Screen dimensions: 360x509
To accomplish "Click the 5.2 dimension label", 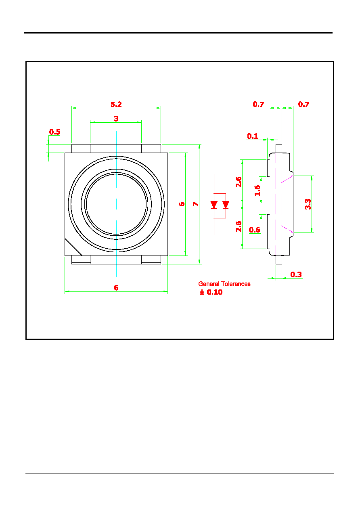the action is [x=116, y=104].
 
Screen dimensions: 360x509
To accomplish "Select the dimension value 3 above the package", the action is [x=116, y=119].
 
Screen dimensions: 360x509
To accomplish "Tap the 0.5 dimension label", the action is [x=55, y=132].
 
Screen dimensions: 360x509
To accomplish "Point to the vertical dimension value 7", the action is [x=196, y=204].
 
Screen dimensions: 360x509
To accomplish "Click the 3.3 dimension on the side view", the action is [x=308, y=204].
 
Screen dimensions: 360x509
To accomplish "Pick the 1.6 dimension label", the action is [x=257, y=191].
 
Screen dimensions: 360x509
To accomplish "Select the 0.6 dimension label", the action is [x=254, y=230].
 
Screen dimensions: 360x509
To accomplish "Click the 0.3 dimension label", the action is [x=296, y=274].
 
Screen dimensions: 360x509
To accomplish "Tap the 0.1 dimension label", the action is [x=253, y=136].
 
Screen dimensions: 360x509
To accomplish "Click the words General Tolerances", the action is [x=224, y=284].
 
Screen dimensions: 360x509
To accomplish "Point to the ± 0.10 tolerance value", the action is [x=211, y=292].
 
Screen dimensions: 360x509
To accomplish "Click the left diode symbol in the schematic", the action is [x=214, y=205].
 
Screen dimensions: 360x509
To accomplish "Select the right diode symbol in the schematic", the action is [x=226, y=205].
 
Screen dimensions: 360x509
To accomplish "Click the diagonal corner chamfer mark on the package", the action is [x=73, y=247].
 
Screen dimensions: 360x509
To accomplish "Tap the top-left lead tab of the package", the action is [x=81, y=149].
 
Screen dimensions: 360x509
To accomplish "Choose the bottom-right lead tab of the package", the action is [x=151, y=260].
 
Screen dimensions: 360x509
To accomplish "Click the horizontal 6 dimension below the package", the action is [x=116, y=288].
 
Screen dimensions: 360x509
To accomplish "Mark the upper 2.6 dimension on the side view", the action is [x=238, y=182].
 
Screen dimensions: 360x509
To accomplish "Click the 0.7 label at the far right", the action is [x=303, y=104].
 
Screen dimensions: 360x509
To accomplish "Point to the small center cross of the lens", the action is [x=116, y=204].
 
